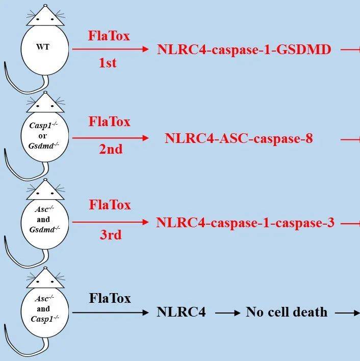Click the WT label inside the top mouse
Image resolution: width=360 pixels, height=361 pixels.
[x=43, y=47]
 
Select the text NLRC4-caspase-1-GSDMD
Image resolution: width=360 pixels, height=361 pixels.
[x=244, y=50]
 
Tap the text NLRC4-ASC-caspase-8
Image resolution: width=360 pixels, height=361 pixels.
[x=239, y=138]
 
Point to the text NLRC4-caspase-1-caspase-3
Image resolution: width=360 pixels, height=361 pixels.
[x=245, y=223]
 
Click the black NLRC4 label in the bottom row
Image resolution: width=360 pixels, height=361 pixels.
[x=181, y=312]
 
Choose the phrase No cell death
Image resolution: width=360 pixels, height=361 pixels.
[x=287, y=312]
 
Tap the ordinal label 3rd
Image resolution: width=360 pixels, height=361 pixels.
[x=110, y=235]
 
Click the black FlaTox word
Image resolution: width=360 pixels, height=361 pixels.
[x=110, y=298]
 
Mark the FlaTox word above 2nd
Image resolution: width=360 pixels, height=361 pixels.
[x=109, y=122]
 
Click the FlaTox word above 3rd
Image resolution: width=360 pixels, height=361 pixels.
[x=110, y=205]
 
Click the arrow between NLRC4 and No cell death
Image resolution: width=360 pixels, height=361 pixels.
[x=227, y=312]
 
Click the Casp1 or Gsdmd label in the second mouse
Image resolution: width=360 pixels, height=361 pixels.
[x=43, y=135]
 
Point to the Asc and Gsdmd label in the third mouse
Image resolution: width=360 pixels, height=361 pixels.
[x=43, y=220]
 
